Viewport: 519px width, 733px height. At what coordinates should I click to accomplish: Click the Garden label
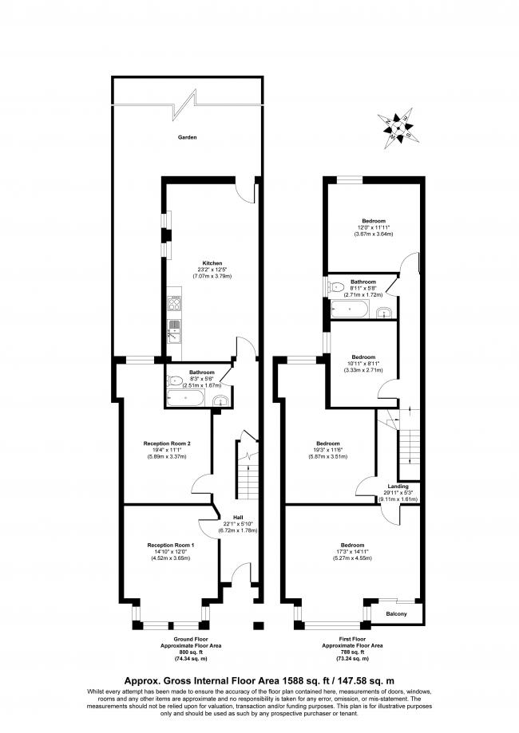pyautogui.click(x=188, y=137)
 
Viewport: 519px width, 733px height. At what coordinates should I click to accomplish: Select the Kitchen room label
pyautogui.click(x=212, y=262)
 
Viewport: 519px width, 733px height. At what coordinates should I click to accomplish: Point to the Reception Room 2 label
pyautogui.click(x=166, y=443)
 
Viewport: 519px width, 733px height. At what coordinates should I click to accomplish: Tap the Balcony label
pyautogui.click(x=398, y=613)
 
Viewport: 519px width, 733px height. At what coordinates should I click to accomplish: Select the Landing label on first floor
pyautogui.click(x=398, y=486)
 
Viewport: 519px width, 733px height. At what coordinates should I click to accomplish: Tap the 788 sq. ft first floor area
pyautogui.click(x=352, y=652)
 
